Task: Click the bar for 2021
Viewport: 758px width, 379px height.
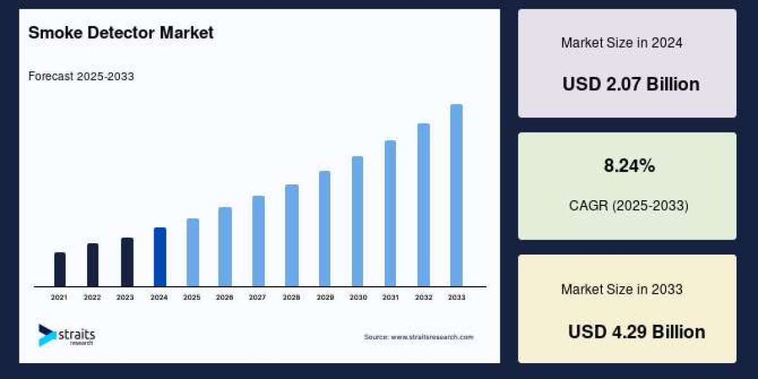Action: point(60,270)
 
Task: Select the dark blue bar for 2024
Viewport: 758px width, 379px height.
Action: point(160,257)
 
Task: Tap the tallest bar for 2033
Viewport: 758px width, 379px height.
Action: point(456,196)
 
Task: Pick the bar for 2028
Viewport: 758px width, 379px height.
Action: point(291,236)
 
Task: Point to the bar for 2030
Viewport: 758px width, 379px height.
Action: point(358,221)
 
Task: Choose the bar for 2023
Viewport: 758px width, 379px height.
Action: point(127,262)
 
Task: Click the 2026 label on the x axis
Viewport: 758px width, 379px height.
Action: point(225,297)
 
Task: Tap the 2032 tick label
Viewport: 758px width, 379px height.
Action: point(423,297)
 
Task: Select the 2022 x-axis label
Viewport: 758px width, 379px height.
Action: point(92,297)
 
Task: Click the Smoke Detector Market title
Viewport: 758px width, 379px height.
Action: point(121,33)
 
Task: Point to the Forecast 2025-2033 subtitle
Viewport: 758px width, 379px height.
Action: point(81,76)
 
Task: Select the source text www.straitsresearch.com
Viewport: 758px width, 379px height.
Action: point(418,337)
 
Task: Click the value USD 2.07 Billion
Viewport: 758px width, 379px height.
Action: point(630,84)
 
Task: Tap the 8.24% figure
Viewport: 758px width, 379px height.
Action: point(629,166)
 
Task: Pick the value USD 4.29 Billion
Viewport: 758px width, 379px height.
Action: point(636,332)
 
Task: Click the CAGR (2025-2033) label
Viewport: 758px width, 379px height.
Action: point(629,205)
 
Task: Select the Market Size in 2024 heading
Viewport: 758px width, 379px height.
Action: point(622,43)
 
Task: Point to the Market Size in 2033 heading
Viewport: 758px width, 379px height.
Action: point(622,289)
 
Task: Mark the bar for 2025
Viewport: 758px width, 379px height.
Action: point(193,253)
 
